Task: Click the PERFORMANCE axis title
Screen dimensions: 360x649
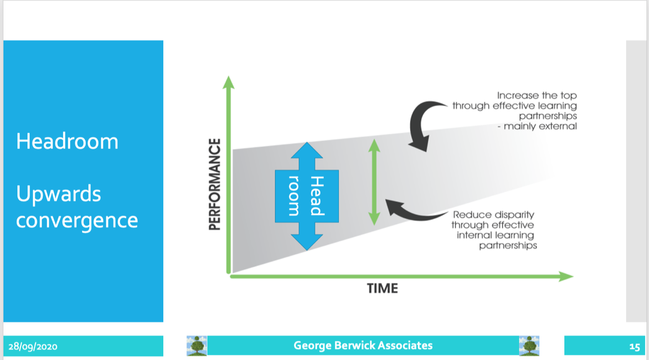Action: point(215,184)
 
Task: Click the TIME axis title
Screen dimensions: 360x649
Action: point(382,289)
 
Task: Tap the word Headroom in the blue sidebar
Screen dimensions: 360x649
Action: point(67,141)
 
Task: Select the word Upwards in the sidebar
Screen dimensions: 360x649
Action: point(59,194)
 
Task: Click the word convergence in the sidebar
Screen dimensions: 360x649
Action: point(77,221)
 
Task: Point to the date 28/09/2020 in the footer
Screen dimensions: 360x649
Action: point(32,347)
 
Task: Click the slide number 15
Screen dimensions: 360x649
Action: point(634,347)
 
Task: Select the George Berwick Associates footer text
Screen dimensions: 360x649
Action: point(363,346)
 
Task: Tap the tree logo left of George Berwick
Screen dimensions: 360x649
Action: point(197,345)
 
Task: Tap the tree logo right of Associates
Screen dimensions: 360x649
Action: point(529,345)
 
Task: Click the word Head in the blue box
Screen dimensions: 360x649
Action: point(316,196)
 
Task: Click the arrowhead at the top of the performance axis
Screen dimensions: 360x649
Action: point(229,82)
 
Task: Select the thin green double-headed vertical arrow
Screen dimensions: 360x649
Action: point(374,182)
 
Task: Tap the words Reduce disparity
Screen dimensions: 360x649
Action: point(493,215)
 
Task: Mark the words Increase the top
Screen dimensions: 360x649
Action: point(536,95)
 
